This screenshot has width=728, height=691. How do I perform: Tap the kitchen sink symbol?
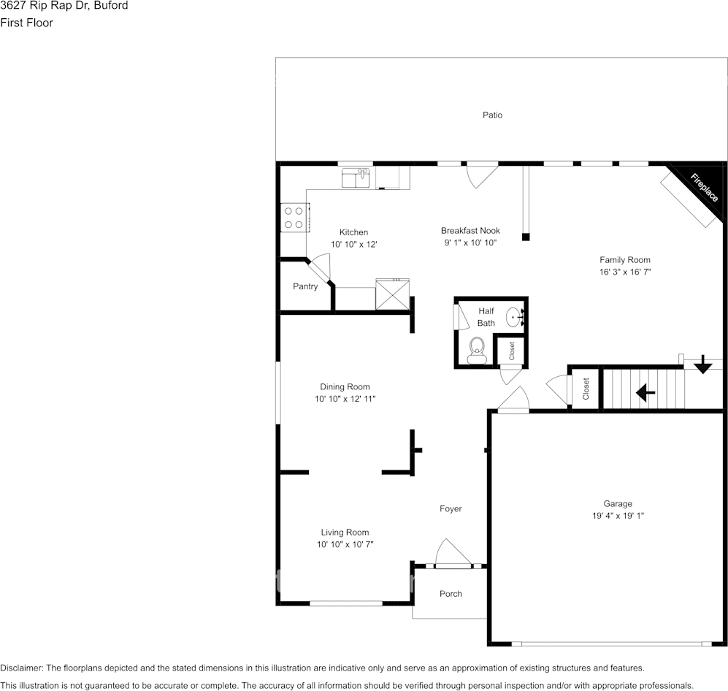coord(356,177)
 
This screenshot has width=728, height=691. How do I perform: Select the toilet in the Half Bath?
coord(476,350)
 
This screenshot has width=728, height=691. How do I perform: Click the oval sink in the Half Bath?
coord(515,317)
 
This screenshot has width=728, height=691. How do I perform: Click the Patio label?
coord(492,115)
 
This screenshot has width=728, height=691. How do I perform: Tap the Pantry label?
coord(305,286)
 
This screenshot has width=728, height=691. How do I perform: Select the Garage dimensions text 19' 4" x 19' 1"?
coord(618,516)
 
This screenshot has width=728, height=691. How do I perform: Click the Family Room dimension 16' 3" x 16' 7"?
coord(625,272)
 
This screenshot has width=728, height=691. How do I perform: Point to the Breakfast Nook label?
coord(470,230)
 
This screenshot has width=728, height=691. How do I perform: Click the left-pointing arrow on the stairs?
coord(645,393)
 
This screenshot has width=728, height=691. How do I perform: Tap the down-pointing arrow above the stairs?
coord(703,364)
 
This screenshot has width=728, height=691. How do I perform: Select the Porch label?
coord(451,593)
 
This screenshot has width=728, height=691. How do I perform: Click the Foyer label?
coord(451,508)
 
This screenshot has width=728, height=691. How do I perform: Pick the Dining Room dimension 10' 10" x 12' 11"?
coord(345,398)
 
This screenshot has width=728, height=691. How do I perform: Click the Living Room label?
coord(345,532)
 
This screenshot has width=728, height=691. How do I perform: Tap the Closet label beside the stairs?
coord(586,389)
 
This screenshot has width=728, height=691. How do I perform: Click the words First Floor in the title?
coord(26,23)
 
